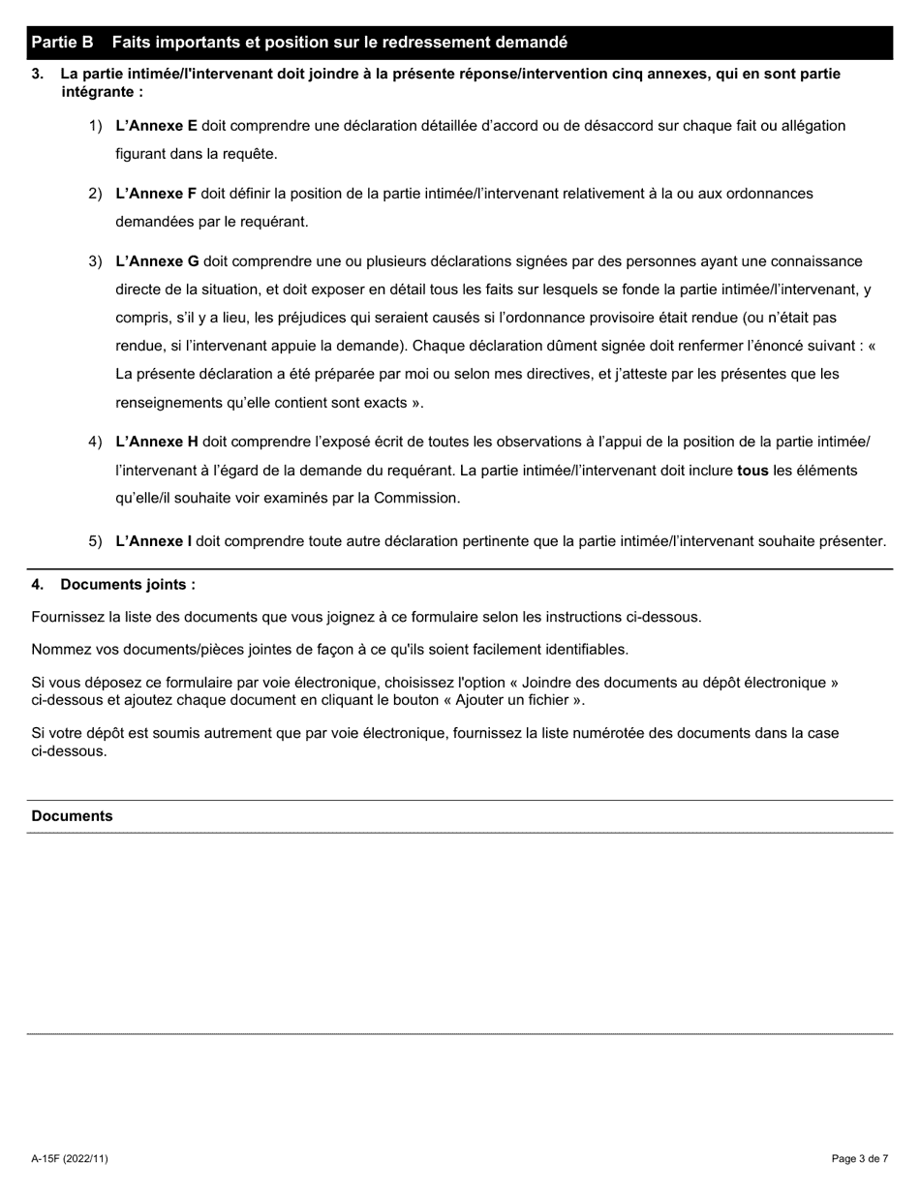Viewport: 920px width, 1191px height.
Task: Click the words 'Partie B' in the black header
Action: point(62,43)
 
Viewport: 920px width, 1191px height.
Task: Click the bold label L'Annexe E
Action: point(156,126)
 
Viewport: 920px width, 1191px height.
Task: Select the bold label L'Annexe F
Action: point(156,194)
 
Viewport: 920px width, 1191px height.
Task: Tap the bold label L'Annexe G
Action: point(157,261)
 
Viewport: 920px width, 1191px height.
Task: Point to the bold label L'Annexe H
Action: point(157,443)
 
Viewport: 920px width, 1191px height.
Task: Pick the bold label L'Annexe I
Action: point(153,541)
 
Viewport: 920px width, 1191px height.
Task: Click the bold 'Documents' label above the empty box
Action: point(72,816)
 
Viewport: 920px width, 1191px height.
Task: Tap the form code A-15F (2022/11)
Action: point(70,1159)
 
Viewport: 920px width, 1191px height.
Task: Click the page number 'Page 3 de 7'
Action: point(859,1159)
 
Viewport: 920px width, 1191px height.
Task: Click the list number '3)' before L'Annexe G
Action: point(95,261)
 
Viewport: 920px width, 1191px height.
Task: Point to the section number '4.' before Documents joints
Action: point(38,585)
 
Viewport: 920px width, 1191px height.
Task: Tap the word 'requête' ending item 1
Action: point(250,154)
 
